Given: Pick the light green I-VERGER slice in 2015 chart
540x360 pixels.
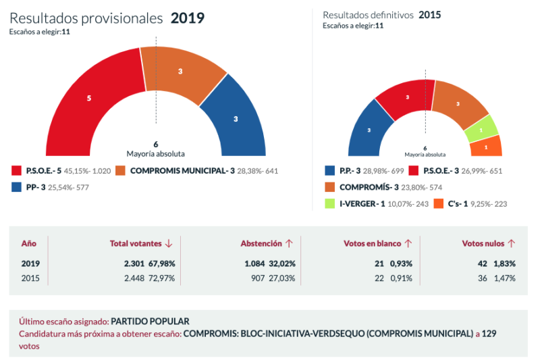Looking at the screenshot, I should (x=481, y=129).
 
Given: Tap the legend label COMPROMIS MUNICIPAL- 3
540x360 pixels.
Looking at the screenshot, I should (x=182, y=171).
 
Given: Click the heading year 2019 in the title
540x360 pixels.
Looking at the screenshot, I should (x=188, y=18).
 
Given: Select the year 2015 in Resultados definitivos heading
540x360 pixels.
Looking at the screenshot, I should (x=429, y=15).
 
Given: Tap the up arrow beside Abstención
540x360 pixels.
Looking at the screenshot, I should (x=289, y=243).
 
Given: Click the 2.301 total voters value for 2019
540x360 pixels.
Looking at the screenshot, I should (x=128, y=263).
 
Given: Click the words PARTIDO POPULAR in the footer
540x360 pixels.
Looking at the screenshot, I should (x=150, y=322).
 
